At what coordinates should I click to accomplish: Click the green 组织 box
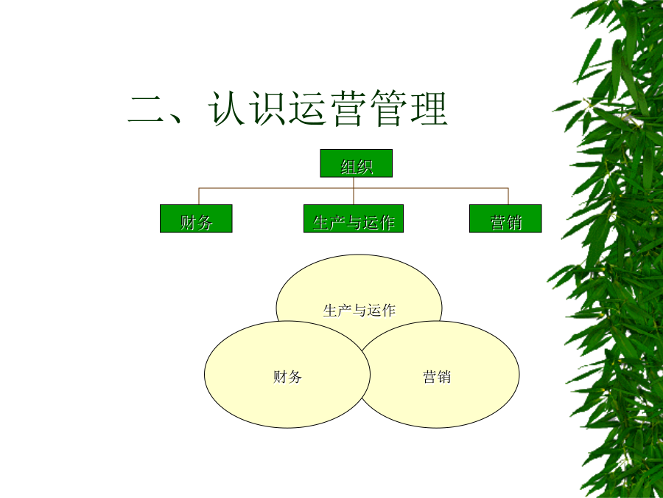tap(356, 163)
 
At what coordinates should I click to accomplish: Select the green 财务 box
tap(196, 218)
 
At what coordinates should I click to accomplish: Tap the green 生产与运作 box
tap(354, 218)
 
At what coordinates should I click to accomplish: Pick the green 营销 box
tap(505, 218)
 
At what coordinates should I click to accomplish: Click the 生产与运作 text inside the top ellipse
tap(359, 311)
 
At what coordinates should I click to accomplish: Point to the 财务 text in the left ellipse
tap(287, 376)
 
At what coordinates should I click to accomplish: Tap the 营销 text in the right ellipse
tap(437, 376)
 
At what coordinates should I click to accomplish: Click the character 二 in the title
tap(146, 109)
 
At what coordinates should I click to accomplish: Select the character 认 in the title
tap(227, 108)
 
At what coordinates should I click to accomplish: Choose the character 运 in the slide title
tap(307, 108)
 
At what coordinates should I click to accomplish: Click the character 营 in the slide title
tap(348, 108)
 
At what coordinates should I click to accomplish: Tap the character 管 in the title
tap(387, 108)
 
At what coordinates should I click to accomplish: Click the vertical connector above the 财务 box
tap(199, 196)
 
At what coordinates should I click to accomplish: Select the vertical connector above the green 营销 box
tap(508, 196)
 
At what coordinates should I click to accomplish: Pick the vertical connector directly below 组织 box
tap(354, 190)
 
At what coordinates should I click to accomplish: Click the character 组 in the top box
tap(348, 167)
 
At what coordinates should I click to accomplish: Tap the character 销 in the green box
tap(513, 222)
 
